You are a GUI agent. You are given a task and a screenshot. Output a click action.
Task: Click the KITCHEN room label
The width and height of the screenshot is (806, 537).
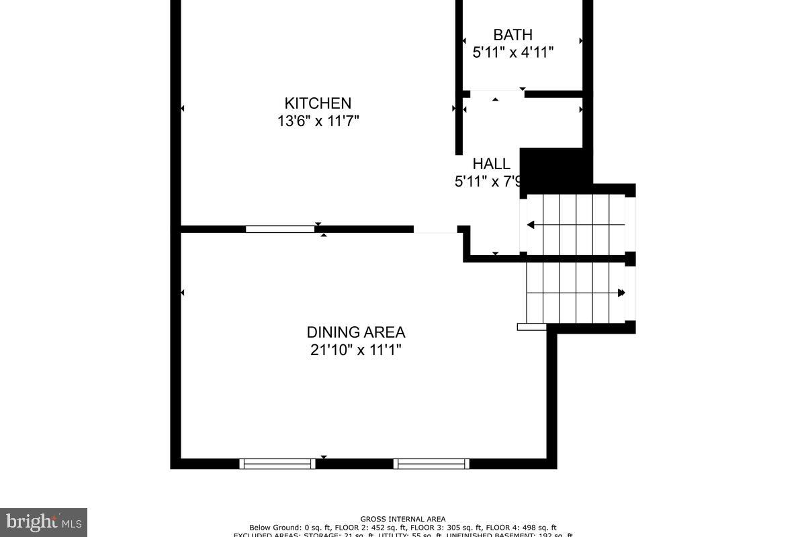click(318, 103)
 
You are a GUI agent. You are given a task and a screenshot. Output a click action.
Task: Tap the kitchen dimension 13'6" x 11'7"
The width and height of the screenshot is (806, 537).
click(318, 121)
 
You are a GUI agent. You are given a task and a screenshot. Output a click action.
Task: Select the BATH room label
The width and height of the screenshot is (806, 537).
click(512, 35)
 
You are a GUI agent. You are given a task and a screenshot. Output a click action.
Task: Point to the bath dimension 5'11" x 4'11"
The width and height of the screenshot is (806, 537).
click(513, 52)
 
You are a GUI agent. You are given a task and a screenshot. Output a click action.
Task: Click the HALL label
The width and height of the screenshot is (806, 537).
click(491, 164)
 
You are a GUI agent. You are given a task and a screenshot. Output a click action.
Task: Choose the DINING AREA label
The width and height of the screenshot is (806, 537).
click(356, 332)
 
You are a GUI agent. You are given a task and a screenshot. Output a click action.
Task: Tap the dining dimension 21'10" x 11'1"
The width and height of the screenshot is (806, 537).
click(356, 350)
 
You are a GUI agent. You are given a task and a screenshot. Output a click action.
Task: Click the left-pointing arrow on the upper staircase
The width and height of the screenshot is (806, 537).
click(531, 225)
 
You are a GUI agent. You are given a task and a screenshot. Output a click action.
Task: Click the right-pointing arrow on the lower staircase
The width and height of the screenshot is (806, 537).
click(621, 293)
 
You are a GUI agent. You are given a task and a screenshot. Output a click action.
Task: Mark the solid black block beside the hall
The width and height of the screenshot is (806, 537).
click(555, 165)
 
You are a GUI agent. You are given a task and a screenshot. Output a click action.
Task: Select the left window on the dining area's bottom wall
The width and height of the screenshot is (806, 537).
click(277, 463)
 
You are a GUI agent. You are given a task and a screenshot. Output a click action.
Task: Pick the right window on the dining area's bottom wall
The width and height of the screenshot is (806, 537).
click(431, 463)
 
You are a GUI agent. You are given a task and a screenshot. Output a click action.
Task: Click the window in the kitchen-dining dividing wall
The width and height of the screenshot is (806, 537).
click(279, 229)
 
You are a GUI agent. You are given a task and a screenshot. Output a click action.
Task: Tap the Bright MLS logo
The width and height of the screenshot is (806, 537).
click(44, 522)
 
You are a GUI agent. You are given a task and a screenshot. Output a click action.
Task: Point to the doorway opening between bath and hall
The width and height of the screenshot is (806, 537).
click(496, 94)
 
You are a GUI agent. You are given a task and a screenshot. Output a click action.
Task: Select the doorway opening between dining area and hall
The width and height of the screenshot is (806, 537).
click(435, 230)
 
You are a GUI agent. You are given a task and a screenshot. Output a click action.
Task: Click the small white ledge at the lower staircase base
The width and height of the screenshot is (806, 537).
click(531, 327)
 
